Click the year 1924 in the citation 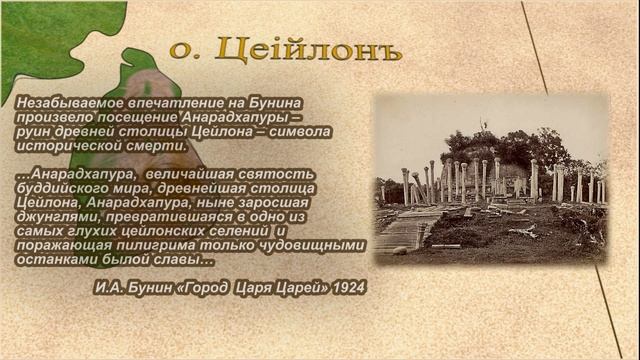point(346,287)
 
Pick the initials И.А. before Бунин point(109,287)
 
